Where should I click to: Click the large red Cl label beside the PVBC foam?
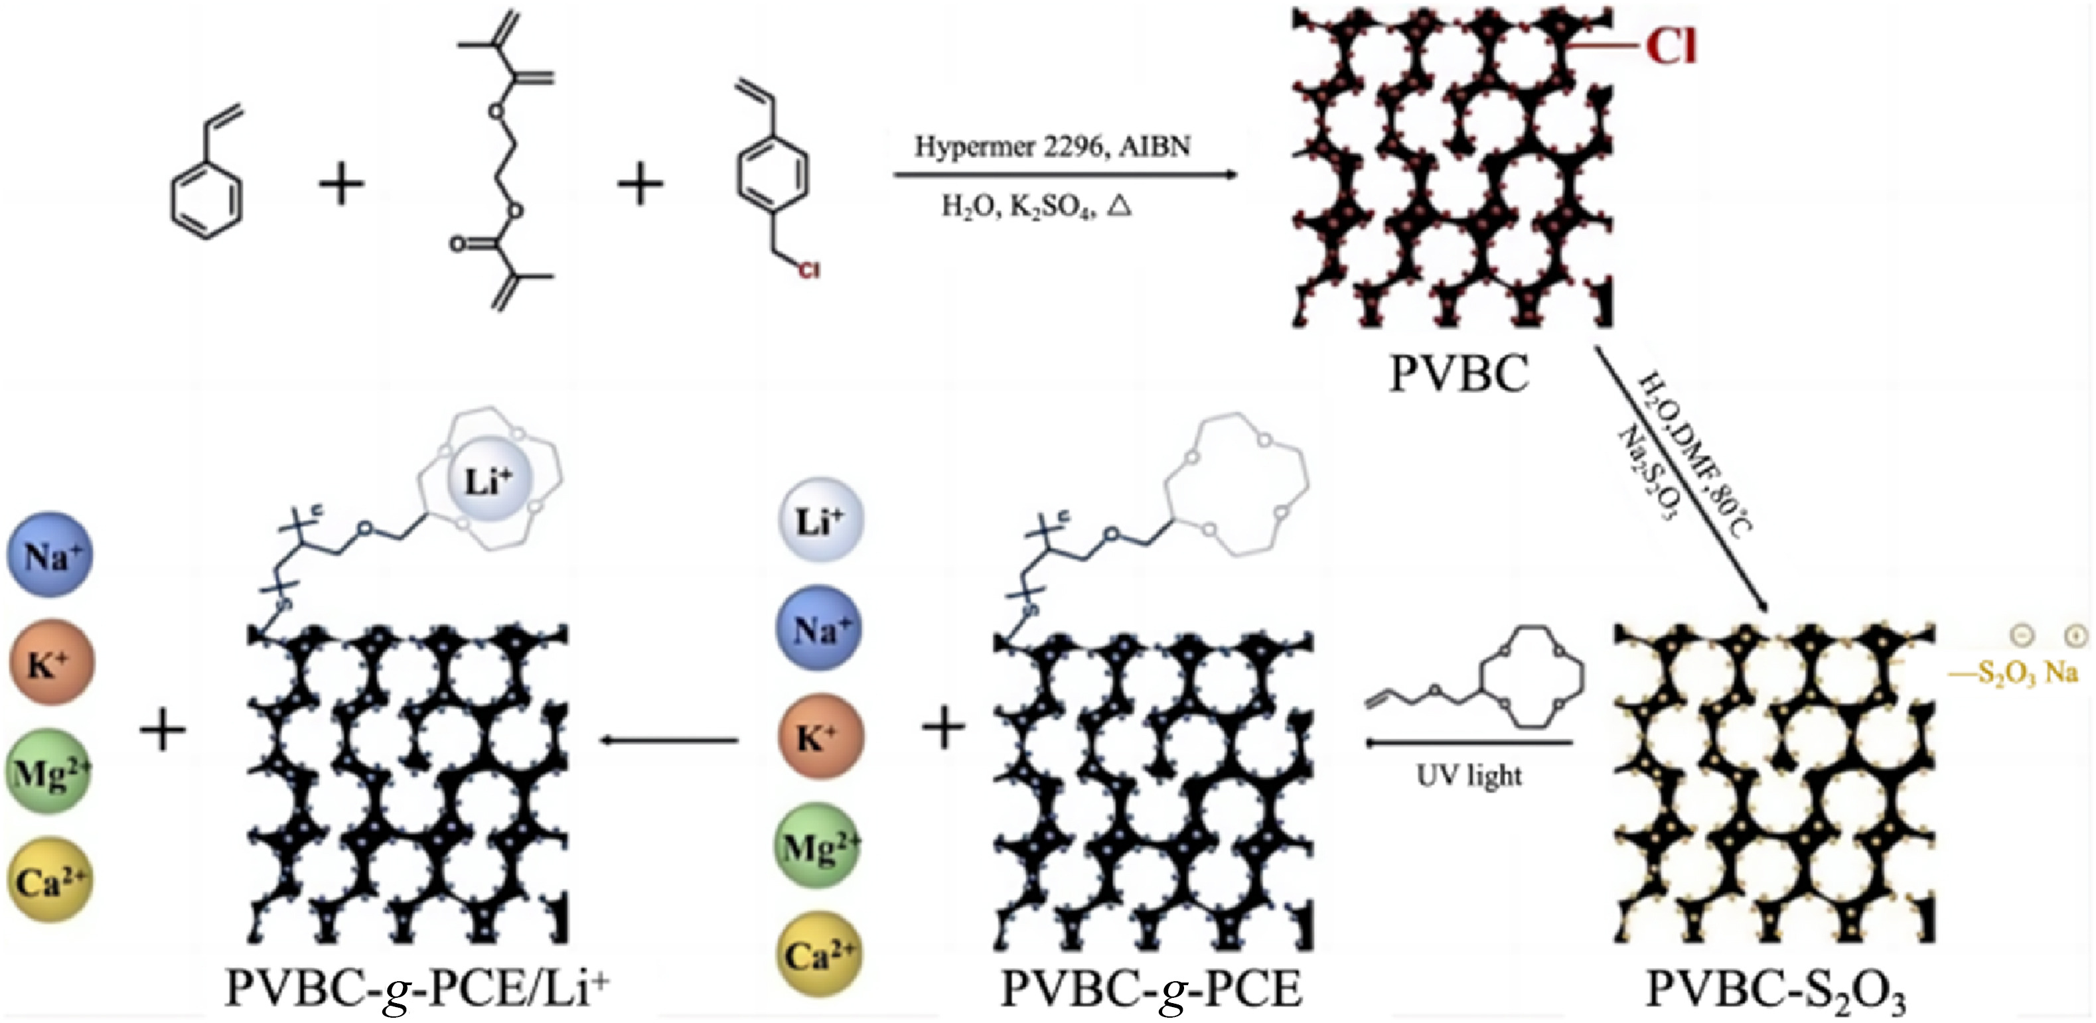point(1671,47)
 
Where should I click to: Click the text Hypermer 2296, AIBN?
point(1053,147)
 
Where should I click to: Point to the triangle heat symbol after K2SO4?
point(1120,206)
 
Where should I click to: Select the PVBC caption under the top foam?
point(1458,375)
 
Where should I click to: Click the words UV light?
point(1469,776)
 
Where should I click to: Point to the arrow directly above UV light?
point(1469,742)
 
